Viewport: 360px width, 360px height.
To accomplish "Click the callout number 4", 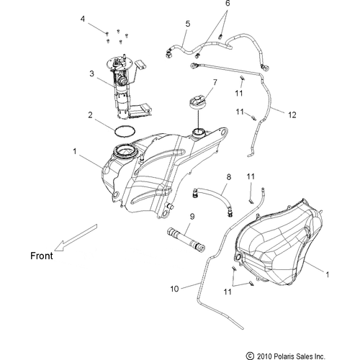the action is coord(83,19).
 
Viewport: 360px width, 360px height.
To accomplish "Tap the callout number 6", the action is coord(228,4).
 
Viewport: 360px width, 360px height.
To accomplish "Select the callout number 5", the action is coord(188,24).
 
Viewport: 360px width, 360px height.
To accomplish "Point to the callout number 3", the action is coord(91,73).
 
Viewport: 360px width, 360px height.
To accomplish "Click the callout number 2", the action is coord(90,115).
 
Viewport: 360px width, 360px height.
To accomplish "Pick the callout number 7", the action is coord(215,82).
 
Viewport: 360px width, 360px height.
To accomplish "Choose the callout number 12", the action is coord(292,115).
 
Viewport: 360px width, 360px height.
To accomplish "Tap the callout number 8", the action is coord(229,177).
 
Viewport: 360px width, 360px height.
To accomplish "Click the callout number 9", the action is coord(192,217).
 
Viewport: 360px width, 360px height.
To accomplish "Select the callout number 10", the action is coord(174,289).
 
